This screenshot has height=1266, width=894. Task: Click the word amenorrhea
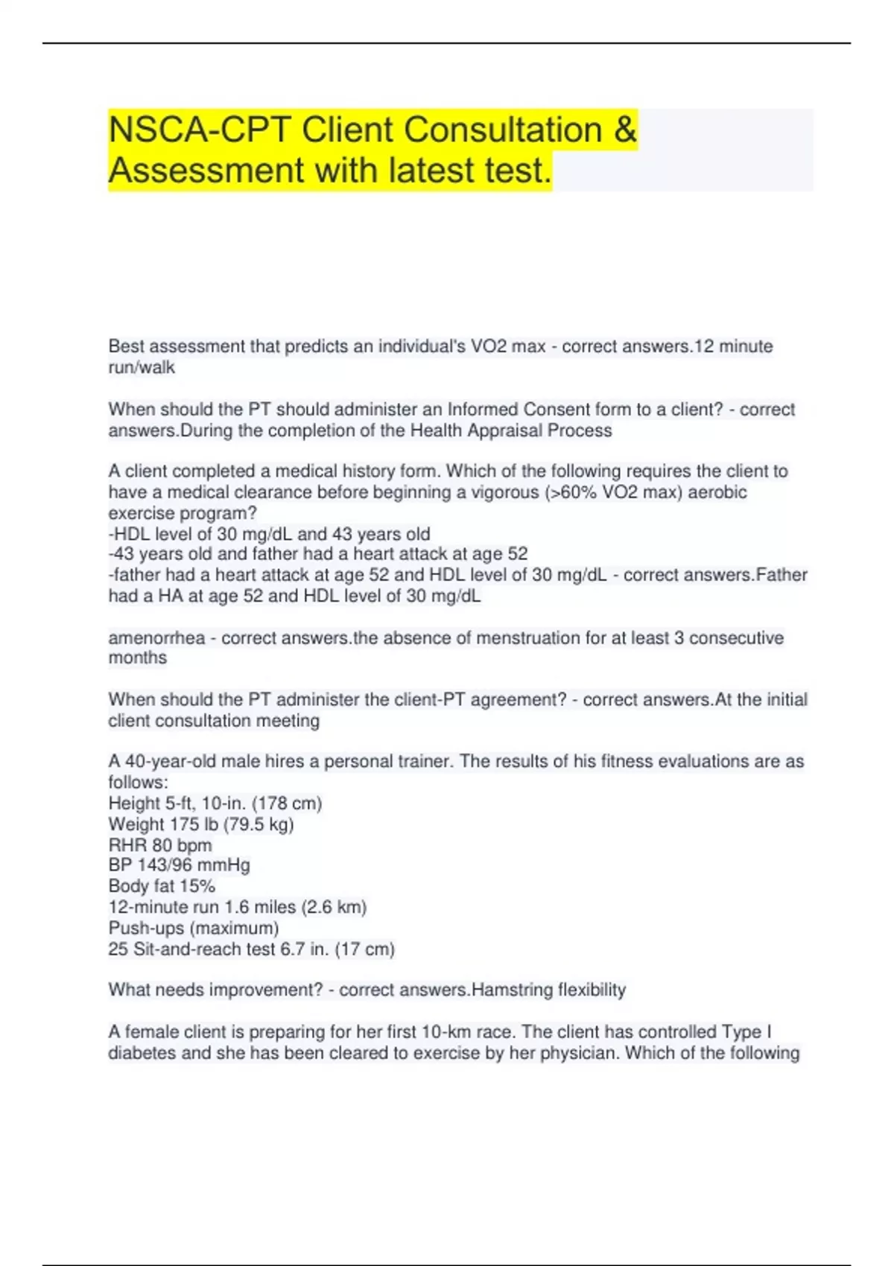coord(156,638)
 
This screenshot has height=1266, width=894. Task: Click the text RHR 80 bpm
coord(160,845)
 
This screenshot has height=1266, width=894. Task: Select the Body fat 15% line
coord(162,886)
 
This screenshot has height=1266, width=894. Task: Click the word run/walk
coord(142,367)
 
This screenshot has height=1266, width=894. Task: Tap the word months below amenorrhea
coord(138,658)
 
